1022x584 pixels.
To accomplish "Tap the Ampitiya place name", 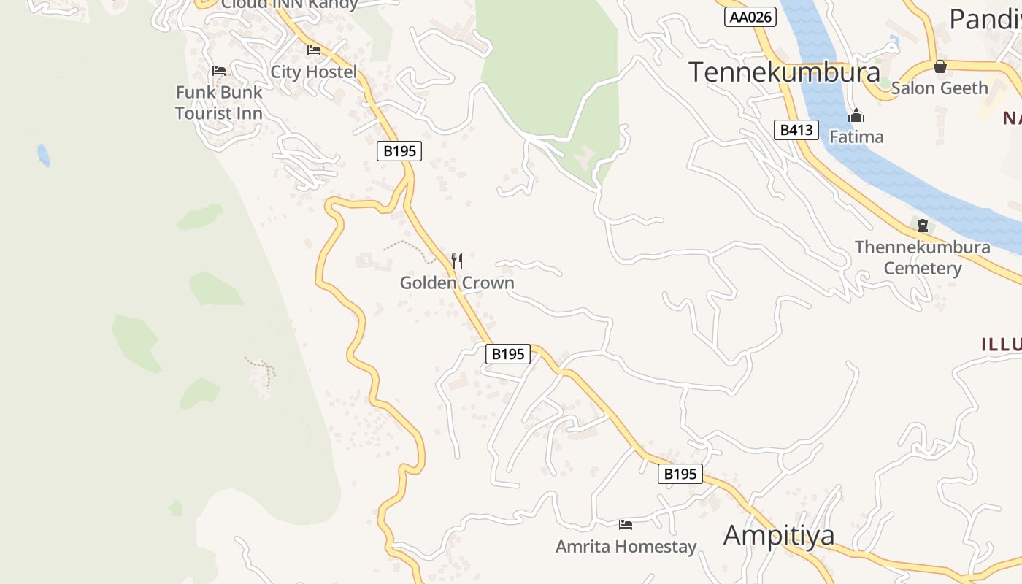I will (778, 535).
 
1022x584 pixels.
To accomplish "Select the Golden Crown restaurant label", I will (457, 283).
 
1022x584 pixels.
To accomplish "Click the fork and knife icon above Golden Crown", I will (457, 261).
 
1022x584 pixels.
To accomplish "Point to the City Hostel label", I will (314, 72).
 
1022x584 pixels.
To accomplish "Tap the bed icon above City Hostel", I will (314, 50).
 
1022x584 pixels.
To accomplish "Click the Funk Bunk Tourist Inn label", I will (219, 103).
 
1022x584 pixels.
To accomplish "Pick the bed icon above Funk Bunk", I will (219, 71).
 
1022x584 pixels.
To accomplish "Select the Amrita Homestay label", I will (626, 546).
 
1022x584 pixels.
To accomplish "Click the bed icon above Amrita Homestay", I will (626, 525).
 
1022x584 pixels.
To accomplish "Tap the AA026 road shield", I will (750, 17).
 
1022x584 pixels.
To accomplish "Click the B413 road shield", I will (796, 130).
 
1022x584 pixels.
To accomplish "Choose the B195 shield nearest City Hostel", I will (399, 151).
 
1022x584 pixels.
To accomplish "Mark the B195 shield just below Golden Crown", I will (507, 354).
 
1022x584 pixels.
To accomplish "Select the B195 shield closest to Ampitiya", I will (680, 474).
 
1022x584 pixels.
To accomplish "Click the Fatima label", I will (856, 137).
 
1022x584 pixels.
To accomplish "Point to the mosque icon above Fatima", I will (856, 116).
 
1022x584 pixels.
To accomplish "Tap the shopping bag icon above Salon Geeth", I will (940, 66).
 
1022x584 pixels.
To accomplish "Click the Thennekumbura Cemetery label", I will (923, 257).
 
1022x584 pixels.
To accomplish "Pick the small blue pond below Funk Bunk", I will (44, 155).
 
